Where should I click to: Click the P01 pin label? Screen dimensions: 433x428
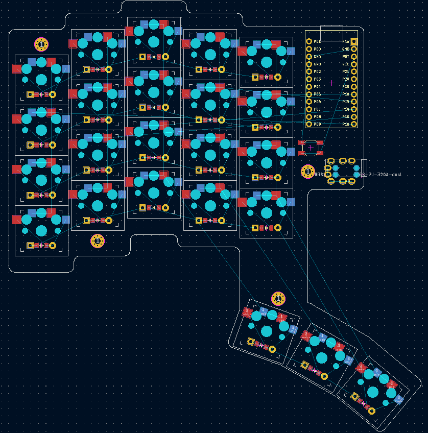pyautogui.click(x=317, y=41)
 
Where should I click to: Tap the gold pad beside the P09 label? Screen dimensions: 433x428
pyautogui.click(x=308, y=124)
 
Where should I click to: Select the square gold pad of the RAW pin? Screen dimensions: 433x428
pyautogui.click(x=354, y=41)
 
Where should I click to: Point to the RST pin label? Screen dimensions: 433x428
pyautogui.click(x=346, y=57)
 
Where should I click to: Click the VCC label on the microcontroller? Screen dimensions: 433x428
pyautogui.click(x=346, y=64)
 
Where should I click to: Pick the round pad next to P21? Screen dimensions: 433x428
pyautogui.click(x=354, y=71)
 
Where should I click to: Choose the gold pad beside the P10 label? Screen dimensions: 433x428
pyautogui.click(x=354, y=124)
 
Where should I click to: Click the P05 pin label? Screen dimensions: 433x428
pyautogui.click(x=317, y=94)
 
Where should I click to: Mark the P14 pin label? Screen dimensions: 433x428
pyautogui.click(x=346, y=109)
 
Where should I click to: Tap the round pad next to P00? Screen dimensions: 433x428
pyautogui.click(x=308, y=49)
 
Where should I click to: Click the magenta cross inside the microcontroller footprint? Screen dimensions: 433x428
pyautogui.click(x=331, y=82)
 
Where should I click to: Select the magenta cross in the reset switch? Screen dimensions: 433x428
pyautogui.click(x=311, y=148)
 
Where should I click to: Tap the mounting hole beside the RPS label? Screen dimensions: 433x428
pyautogui.click(x=307, y=172)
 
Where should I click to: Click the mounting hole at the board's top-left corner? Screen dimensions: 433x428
pyautogui.click(x=41, y=44)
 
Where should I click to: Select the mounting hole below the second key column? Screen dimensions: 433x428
pyautogui.click(x=98, y=240)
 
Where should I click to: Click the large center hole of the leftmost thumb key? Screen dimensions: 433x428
pyautogui.click(x=267, y=331)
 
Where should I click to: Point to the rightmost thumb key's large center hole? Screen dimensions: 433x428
pyautogui.click(x=373, y=392)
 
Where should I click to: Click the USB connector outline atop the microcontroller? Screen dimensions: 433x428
pyautogui.click(x=331, y=33)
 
